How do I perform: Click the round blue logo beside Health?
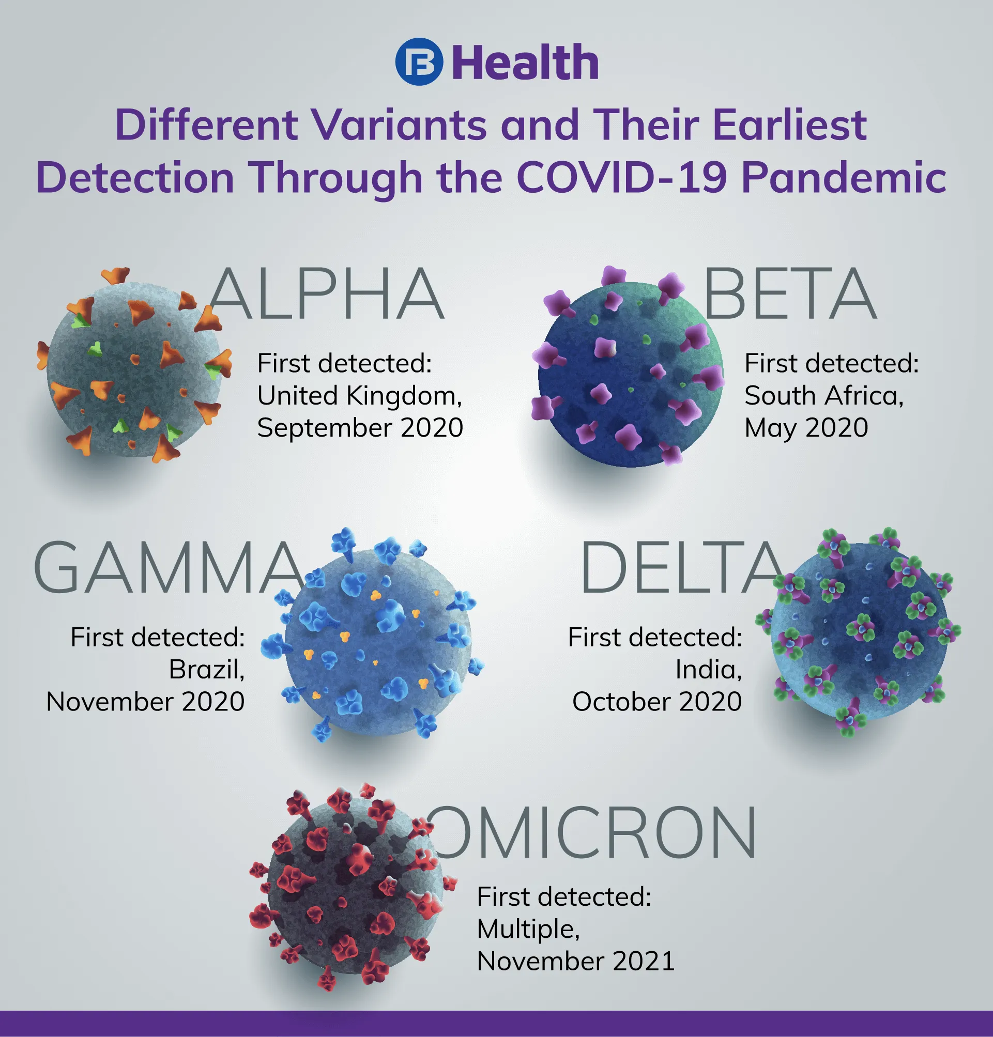419,61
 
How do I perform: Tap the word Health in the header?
526,63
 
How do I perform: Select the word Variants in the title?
399,125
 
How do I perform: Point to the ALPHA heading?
327,293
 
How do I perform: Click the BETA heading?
790,293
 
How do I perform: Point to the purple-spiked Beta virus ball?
628,367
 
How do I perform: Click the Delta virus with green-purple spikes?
858,632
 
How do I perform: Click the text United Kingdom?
359,397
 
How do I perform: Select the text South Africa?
823,396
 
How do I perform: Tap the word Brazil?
206,670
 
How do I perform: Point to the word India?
708,670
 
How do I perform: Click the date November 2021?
576,962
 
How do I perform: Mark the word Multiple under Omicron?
528,930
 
